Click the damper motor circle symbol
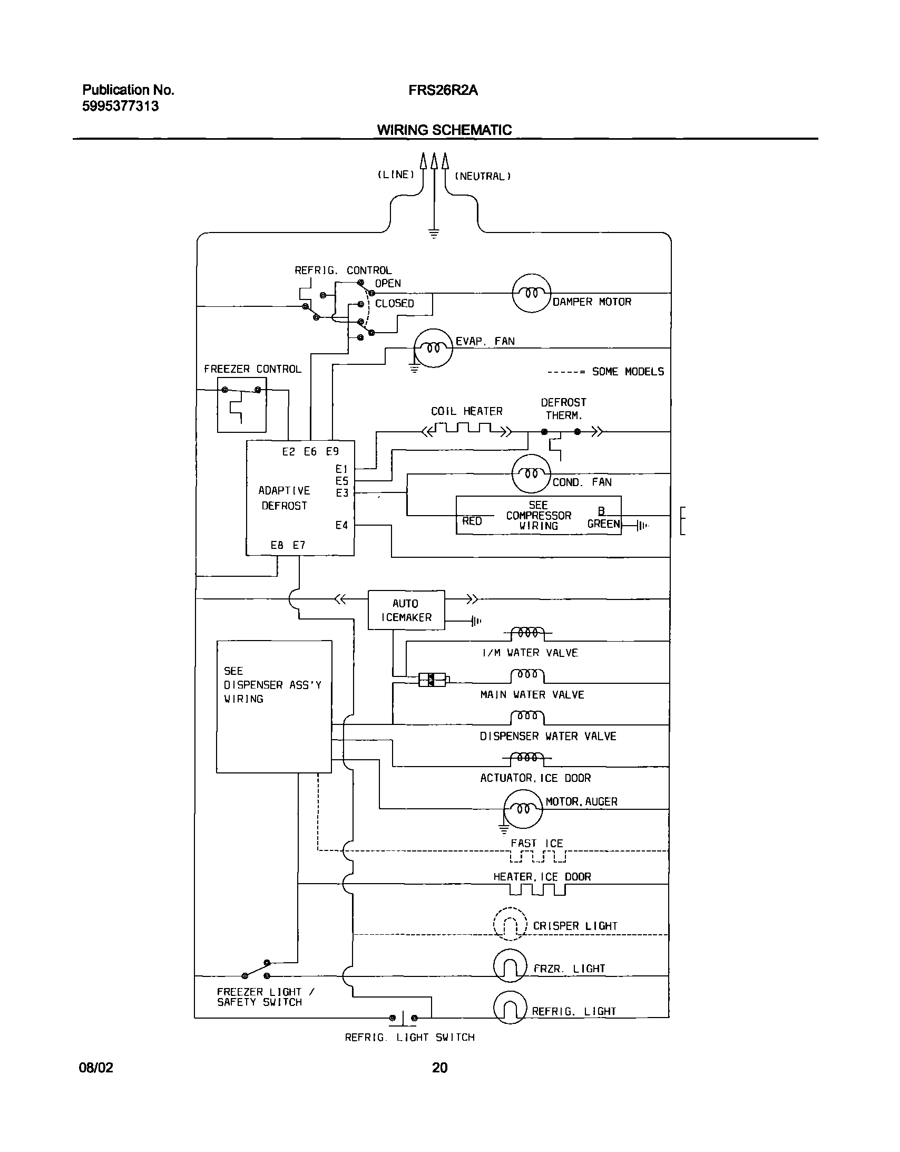[x=532, y=293]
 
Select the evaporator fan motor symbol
[x=433, y=347]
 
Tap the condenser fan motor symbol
[x=532, y=473]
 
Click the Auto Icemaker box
[x=406, y=610]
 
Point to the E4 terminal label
[x=341, y=525]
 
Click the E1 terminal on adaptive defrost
[x=341, y=469]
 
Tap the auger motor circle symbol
[x=523, y=809]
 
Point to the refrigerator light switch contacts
[x=403, y=1018]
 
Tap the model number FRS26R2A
[x=443, y=91]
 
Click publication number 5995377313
[x=120, y=107]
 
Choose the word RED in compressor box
[x=472, y=521]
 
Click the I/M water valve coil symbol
[x=528, y=633]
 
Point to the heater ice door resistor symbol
[x=537, y=890]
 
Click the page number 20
[x=439, y=1067]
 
